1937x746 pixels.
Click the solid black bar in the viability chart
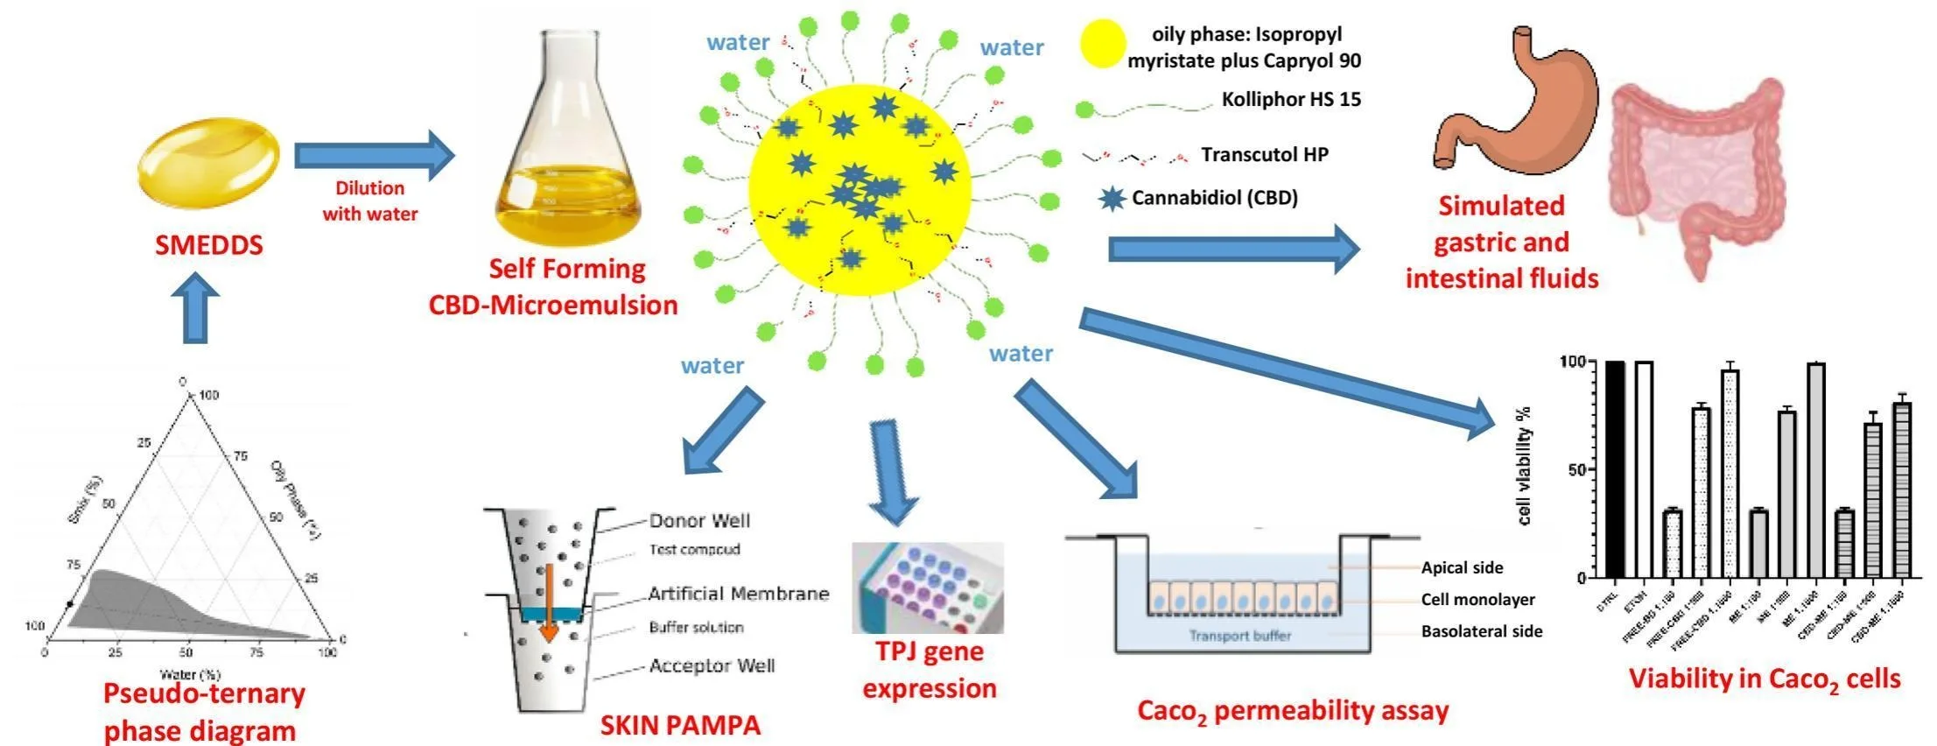(1616, 468)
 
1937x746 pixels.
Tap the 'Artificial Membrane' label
(738, 594)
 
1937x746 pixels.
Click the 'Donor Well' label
(699, 521)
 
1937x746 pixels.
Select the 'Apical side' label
(1462, 567)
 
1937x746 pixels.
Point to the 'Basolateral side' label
(1481, 631)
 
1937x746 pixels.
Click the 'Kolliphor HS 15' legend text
(1291, 100)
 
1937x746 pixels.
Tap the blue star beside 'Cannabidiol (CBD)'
(1112, 199)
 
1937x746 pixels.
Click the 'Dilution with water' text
(369, 201)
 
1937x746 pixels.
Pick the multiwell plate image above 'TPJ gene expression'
(927, 588)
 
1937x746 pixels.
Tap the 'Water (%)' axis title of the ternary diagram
(189, 675)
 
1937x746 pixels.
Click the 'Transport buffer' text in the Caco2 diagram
(1239, 636)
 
